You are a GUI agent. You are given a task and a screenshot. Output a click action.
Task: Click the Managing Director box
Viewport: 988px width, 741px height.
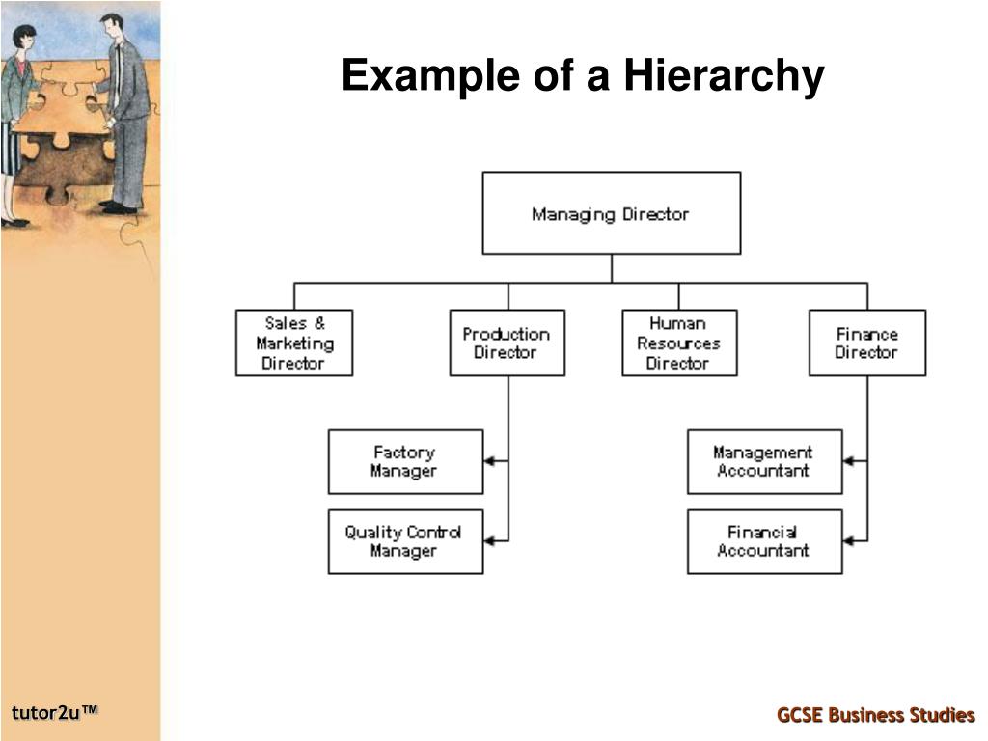tap(611, 213)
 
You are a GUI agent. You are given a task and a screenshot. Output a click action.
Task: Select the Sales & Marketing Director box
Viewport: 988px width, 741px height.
tap(294, 343)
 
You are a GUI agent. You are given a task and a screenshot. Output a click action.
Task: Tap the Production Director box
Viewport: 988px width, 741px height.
tap(507, 343)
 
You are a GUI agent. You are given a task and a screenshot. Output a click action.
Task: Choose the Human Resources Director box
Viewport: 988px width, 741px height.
tap(678, 343)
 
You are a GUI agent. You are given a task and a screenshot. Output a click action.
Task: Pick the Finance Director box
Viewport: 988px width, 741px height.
tap(866, 343)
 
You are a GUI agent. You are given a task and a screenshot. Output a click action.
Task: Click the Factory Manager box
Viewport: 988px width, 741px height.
tap(405, 461)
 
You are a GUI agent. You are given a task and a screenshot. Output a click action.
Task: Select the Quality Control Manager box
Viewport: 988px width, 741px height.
tap(405, 541)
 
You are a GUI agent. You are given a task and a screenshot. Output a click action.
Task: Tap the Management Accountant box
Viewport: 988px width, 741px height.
tap(764, 461)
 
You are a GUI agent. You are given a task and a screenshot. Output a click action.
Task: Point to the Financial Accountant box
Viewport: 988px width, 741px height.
tap(764, 541)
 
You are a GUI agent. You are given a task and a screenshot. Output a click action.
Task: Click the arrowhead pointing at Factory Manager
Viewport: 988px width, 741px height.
tap(489, 461)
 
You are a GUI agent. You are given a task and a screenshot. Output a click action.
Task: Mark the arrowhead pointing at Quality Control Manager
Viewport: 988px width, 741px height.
tap(489, 541)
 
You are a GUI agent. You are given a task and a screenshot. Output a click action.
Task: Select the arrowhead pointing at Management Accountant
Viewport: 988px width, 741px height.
tap(848, 461)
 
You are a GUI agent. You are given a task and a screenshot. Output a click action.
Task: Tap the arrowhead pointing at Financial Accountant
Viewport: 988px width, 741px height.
tap(848, 541)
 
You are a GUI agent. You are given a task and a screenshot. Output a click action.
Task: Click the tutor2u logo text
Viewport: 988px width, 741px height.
tap(55, 713)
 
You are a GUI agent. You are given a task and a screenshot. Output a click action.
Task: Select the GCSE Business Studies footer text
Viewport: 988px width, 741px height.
tap(876, 715)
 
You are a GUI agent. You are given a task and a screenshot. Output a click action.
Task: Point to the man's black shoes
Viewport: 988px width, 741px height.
tap(119, 207)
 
